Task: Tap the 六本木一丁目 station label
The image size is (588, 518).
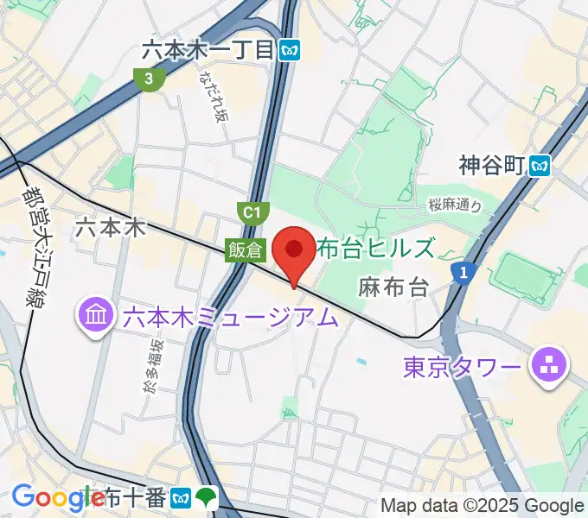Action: pyautogui.click(x=210, y=51)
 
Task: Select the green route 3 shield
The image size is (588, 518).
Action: pyautogui.click(x=150, y=80)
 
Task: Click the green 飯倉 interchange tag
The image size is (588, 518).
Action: pyautogui.click(x=246, y=250)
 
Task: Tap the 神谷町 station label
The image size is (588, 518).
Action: pyautogui.click(x=492, y=164)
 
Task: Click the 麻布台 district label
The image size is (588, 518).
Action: pyautogui.click(x=393, y=287)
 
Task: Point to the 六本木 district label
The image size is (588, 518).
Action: pyautogui.click(x=110, y=227)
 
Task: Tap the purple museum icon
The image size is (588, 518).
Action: pyautogui.click(x=95, y=316)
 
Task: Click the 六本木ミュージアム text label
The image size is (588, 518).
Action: pyautogui.click(x=229, y=317)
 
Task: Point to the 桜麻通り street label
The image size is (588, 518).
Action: pyautogui.click(x=455, y=204)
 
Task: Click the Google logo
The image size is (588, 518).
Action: pyautogui.click(x=58, y=498)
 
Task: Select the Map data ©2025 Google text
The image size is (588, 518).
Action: pyautogui.click(x=483, y=505)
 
